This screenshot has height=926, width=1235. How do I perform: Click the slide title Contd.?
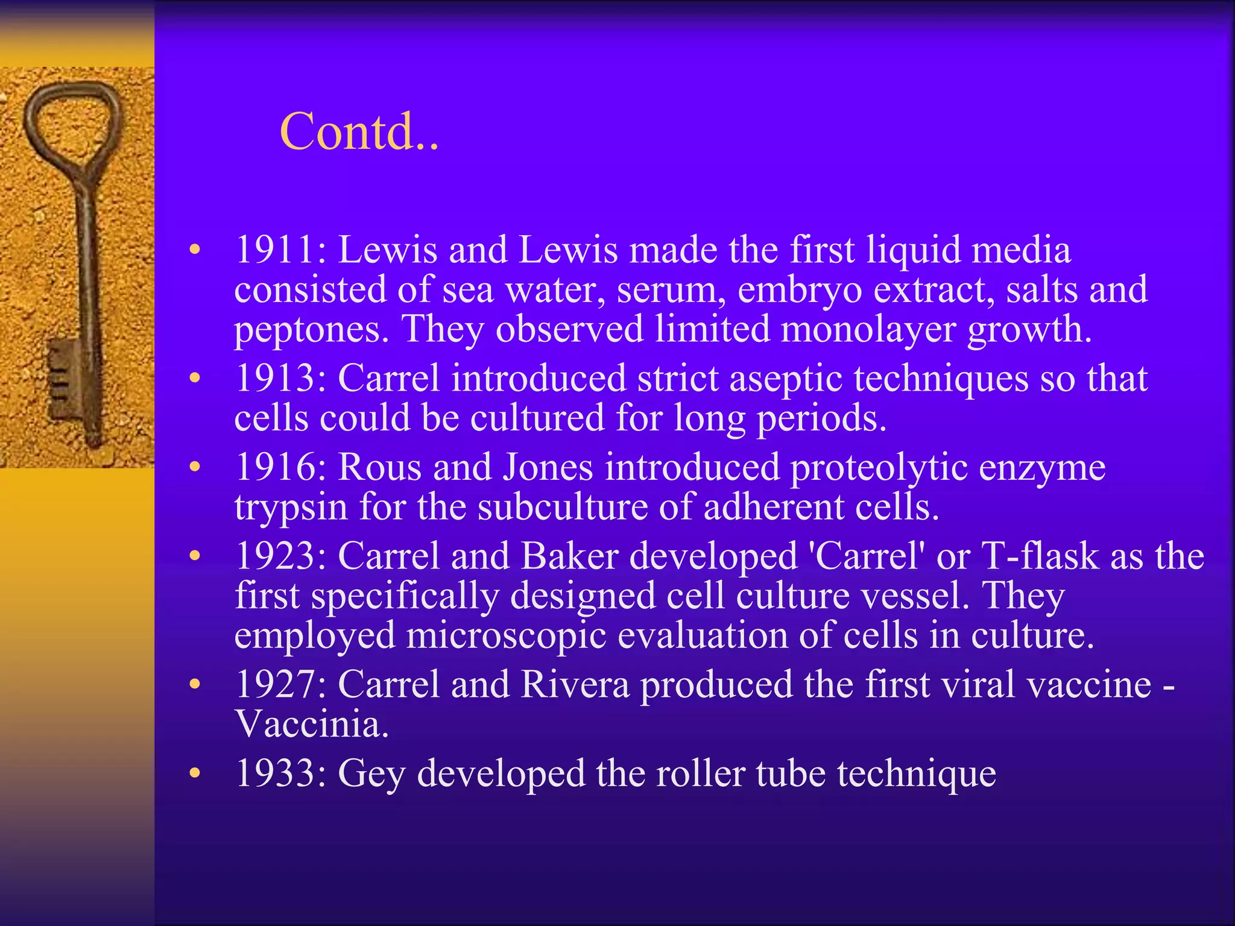pos(359,132)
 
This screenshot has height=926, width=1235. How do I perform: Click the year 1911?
pos(275,250)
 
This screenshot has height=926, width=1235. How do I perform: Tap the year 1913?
pos(275,379)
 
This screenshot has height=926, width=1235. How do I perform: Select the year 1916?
pos(275,467)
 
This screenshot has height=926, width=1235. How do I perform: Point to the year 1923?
pos(275,556)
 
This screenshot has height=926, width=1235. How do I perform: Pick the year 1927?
pos(275,685)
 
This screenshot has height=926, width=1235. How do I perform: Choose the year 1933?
pos(275,773)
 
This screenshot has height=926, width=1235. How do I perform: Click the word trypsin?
pos(291,508)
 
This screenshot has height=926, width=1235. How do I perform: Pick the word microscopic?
pos(506,637)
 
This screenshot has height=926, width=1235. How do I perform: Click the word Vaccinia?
pos(311,724)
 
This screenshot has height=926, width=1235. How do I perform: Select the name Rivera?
pos(575,685)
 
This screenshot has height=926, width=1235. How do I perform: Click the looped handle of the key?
pos(72,121)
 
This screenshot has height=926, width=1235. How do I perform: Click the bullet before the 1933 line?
pos(194,773)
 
